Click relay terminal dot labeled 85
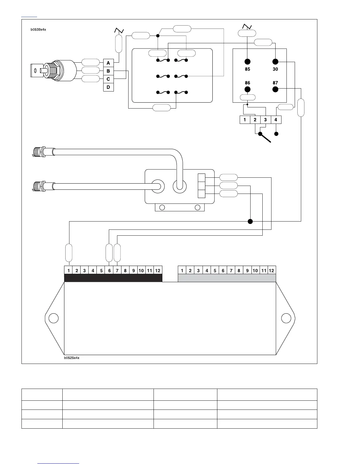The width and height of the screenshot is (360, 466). click(x=247, y=62)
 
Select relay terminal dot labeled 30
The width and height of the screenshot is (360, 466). click(x=275, y=62)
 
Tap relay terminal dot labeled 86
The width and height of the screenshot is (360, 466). click(x=247, y=89)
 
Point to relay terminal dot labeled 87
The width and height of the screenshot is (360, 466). click(x=275, y=89)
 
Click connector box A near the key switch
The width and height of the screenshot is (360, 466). click(x=109, y=63)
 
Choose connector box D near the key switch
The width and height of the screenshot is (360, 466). click(x=109, y=87)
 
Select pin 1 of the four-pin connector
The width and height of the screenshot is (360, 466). click(x=245, y=120)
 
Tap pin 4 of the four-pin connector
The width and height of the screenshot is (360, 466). click(x=276, y=120)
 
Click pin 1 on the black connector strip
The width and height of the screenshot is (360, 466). click(x=69, y=270)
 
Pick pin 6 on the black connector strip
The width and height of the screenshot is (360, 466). click(x=109, y=270)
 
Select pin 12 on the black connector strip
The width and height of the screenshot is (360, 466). click(x=158, y=270)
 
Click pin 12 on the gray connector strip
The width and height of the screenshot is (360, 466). click(x=271, y=270)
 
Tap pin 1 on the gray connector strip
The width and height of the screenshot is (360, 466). click(x=182, y=270)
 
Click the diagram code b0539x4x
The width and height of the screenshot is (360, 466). click(x=38, y=29)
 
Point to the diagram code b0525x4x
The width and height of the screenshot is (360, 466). click(x=72, y=358)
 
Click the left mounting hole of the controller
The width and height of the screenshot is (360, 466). click(x=53, y=318)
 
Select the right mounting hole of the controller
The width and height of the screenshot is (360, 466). click(x=286, y=318)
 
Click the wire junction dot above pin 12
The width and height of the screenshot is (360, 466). click(x=250, y=221)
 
